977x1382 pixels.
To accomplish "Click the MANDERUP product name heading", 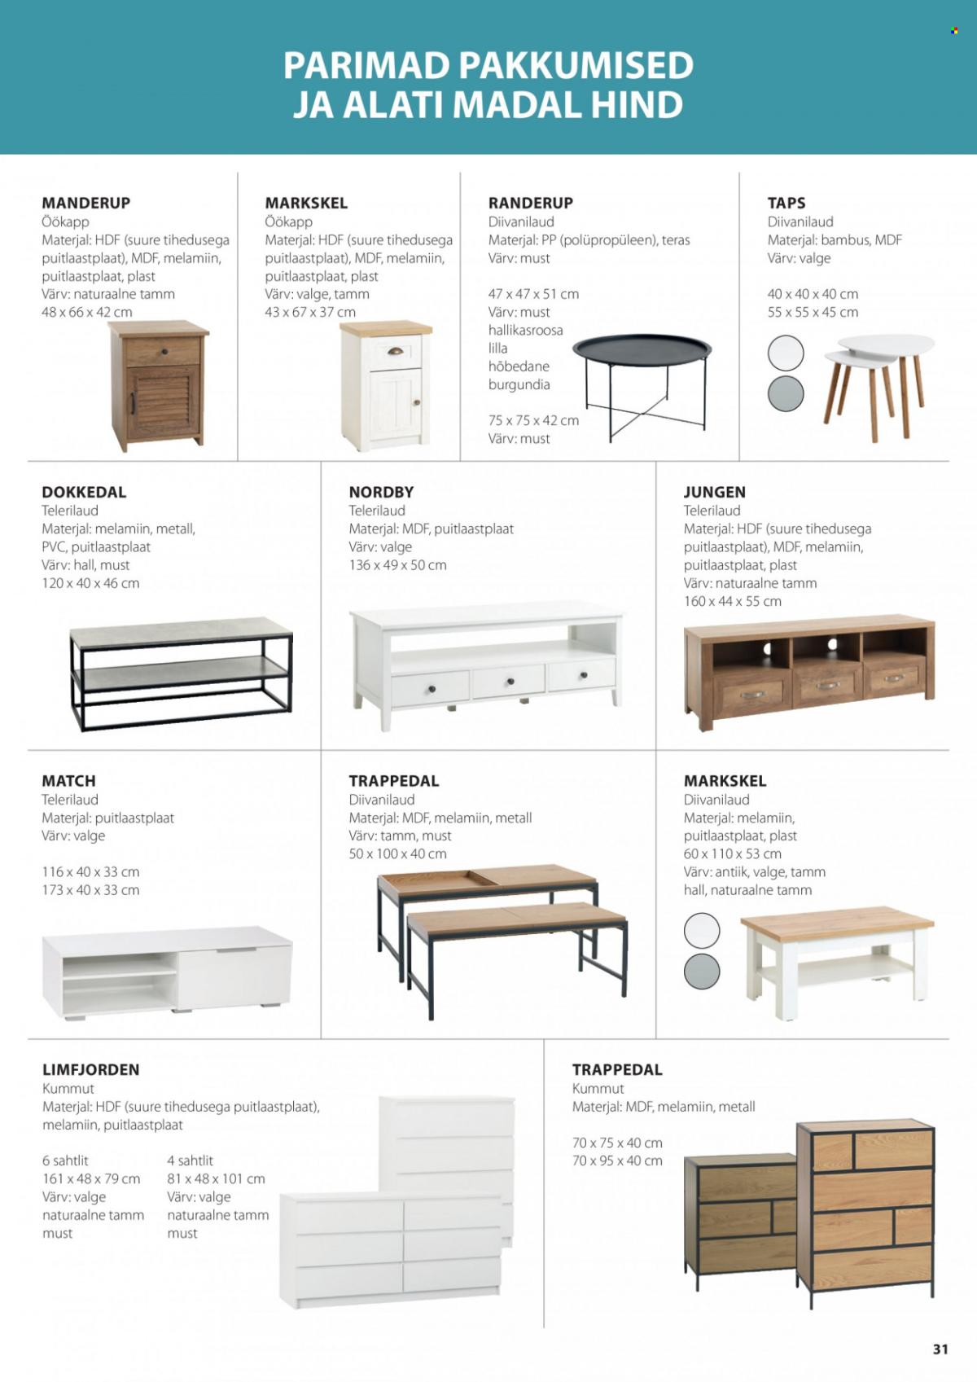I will coord(85,203).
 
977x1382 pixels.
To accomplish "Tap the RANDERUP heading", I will coord(530,203).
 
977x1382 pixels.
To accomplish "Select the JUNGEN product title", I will coord(714,492).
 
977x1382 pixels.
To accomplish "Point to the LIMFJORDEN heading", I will coord(90,1069).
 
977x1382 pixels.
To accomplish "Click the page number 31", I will coord(940,1349).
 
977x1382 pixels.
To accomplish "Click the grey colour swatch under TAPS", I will coord(786,393).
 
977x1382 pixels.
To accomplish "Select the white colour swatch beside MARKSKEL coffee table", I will coord(702,930).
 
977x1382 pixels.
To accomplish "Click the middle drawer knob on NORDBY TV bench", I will coord(510,681).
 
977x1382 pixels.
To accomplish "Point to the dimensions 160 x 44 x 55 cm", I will coord(732,601).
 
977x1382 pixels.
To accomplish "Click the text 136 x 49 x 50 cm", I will coord(397,564).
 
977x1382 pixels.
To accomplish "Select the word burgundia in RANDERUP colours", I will coord(519,384).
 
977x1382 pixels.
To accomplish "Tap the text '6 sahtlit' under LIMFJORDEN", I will coord(65,1160).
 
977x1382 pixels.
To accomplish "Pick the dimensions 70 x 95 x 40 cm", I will coord(617,1160).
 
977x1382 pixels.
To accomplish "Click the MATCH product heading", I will coord(68,780).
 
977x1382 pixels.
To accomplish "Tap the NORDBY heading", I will coord(381,492).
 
